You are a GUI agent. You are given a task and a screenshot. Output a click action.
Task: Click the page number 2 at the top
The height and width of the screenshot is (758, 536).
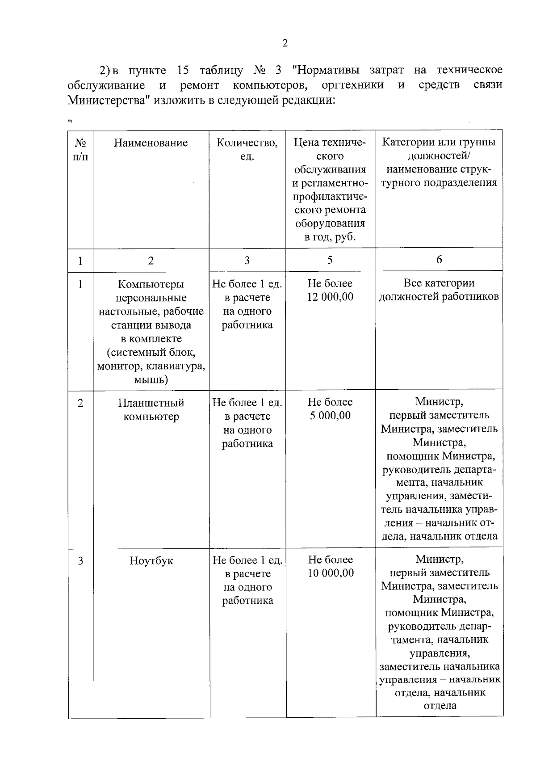pos(285,43)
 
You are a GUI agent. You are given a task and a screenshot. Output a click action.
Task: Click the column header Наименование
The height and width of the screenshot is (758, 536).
pos(151,143)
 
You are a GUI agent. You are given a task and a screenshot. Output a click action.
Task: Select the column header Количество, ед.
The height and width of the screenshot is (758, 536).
pos(247,149)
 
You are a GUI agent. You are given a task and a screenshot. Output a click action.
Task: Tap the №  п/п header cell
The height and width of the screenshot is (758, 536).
pos(80,149)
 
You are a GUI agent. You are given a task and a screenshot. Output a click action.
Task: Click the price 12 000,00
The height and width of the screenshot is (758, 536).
pos(330,297)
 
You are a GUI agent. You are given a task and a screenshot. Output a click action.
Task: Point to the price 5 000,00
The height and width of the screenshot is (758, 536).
pos(330,416)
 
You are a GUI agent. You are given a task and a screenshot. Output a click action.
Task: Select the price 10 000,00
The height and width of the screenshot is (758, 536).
pos(331,573)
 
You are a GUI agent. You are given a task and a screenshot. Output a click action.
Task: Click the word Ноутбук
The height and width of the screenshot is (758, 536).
pos(151,561)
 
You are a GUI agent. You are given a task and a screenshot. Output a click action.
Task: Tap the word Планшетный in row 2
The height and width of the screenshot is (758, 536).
pos(151,403)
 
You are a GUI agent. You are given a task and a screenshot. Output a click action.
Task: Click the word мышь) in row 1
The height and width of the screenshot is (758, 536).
pos(151,380)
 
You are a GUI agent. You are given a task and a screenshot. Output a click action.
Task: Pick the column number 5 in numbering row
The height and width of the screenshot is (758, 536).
pos(330,260)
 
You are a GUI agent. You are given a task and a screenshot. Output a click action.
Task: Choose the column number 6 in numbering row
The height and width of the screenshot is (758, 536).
pos(439,260)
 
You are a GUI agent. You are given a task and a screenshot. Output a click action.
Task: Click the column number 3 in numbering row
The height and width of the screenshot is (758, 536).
pos(247,261)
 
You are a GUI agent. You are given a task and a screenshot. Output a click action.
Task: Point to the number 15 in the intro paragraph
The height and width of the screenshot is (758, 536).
pos(183,70)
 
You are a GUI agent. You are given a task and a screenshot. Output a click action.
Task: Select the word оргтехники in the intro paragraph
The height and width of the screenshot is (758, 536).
pos(352,85)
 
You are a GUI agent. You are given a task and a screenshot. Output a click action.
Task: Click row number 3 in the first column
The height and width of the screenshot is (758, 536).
pos(80,561)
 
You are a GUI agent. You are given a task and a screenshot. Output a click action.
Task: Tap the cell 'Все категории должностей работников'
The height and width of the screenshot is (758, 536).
pos(439,290)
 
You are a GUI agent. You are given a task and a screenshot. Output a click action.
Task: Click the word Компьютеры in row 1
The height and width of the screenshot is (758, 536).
pos(151,284)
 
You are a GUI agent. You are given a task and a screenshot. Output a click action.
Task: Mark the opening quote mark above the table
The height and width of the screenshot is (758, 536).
pos(70,121)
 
